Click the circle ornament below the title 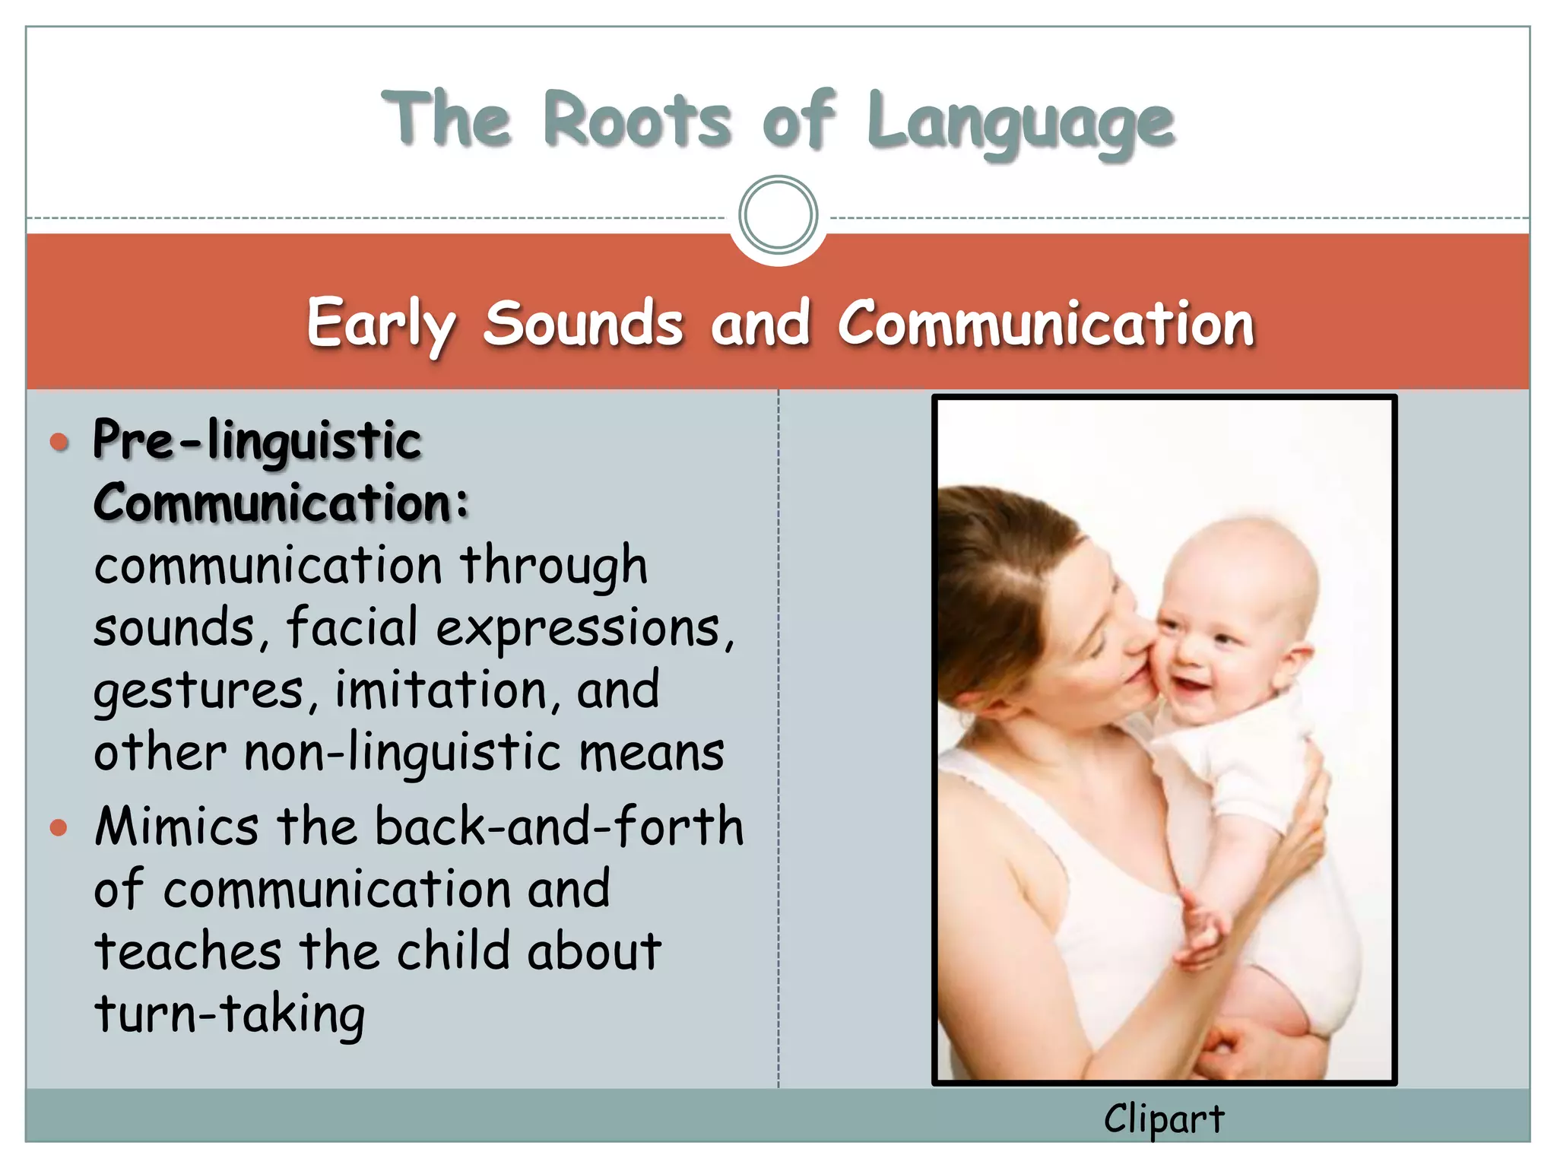pos(778,215)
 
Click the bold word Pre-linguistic pos(257,441)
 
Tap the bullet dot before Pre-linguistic pos(59,442)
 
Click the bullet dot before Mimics pos(59,827)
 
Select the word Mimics pos(176,827)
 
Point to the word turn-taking pos(230,1015)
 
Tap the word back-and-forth pos(559,827)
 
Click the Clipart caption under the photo pos(1164,1119)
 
